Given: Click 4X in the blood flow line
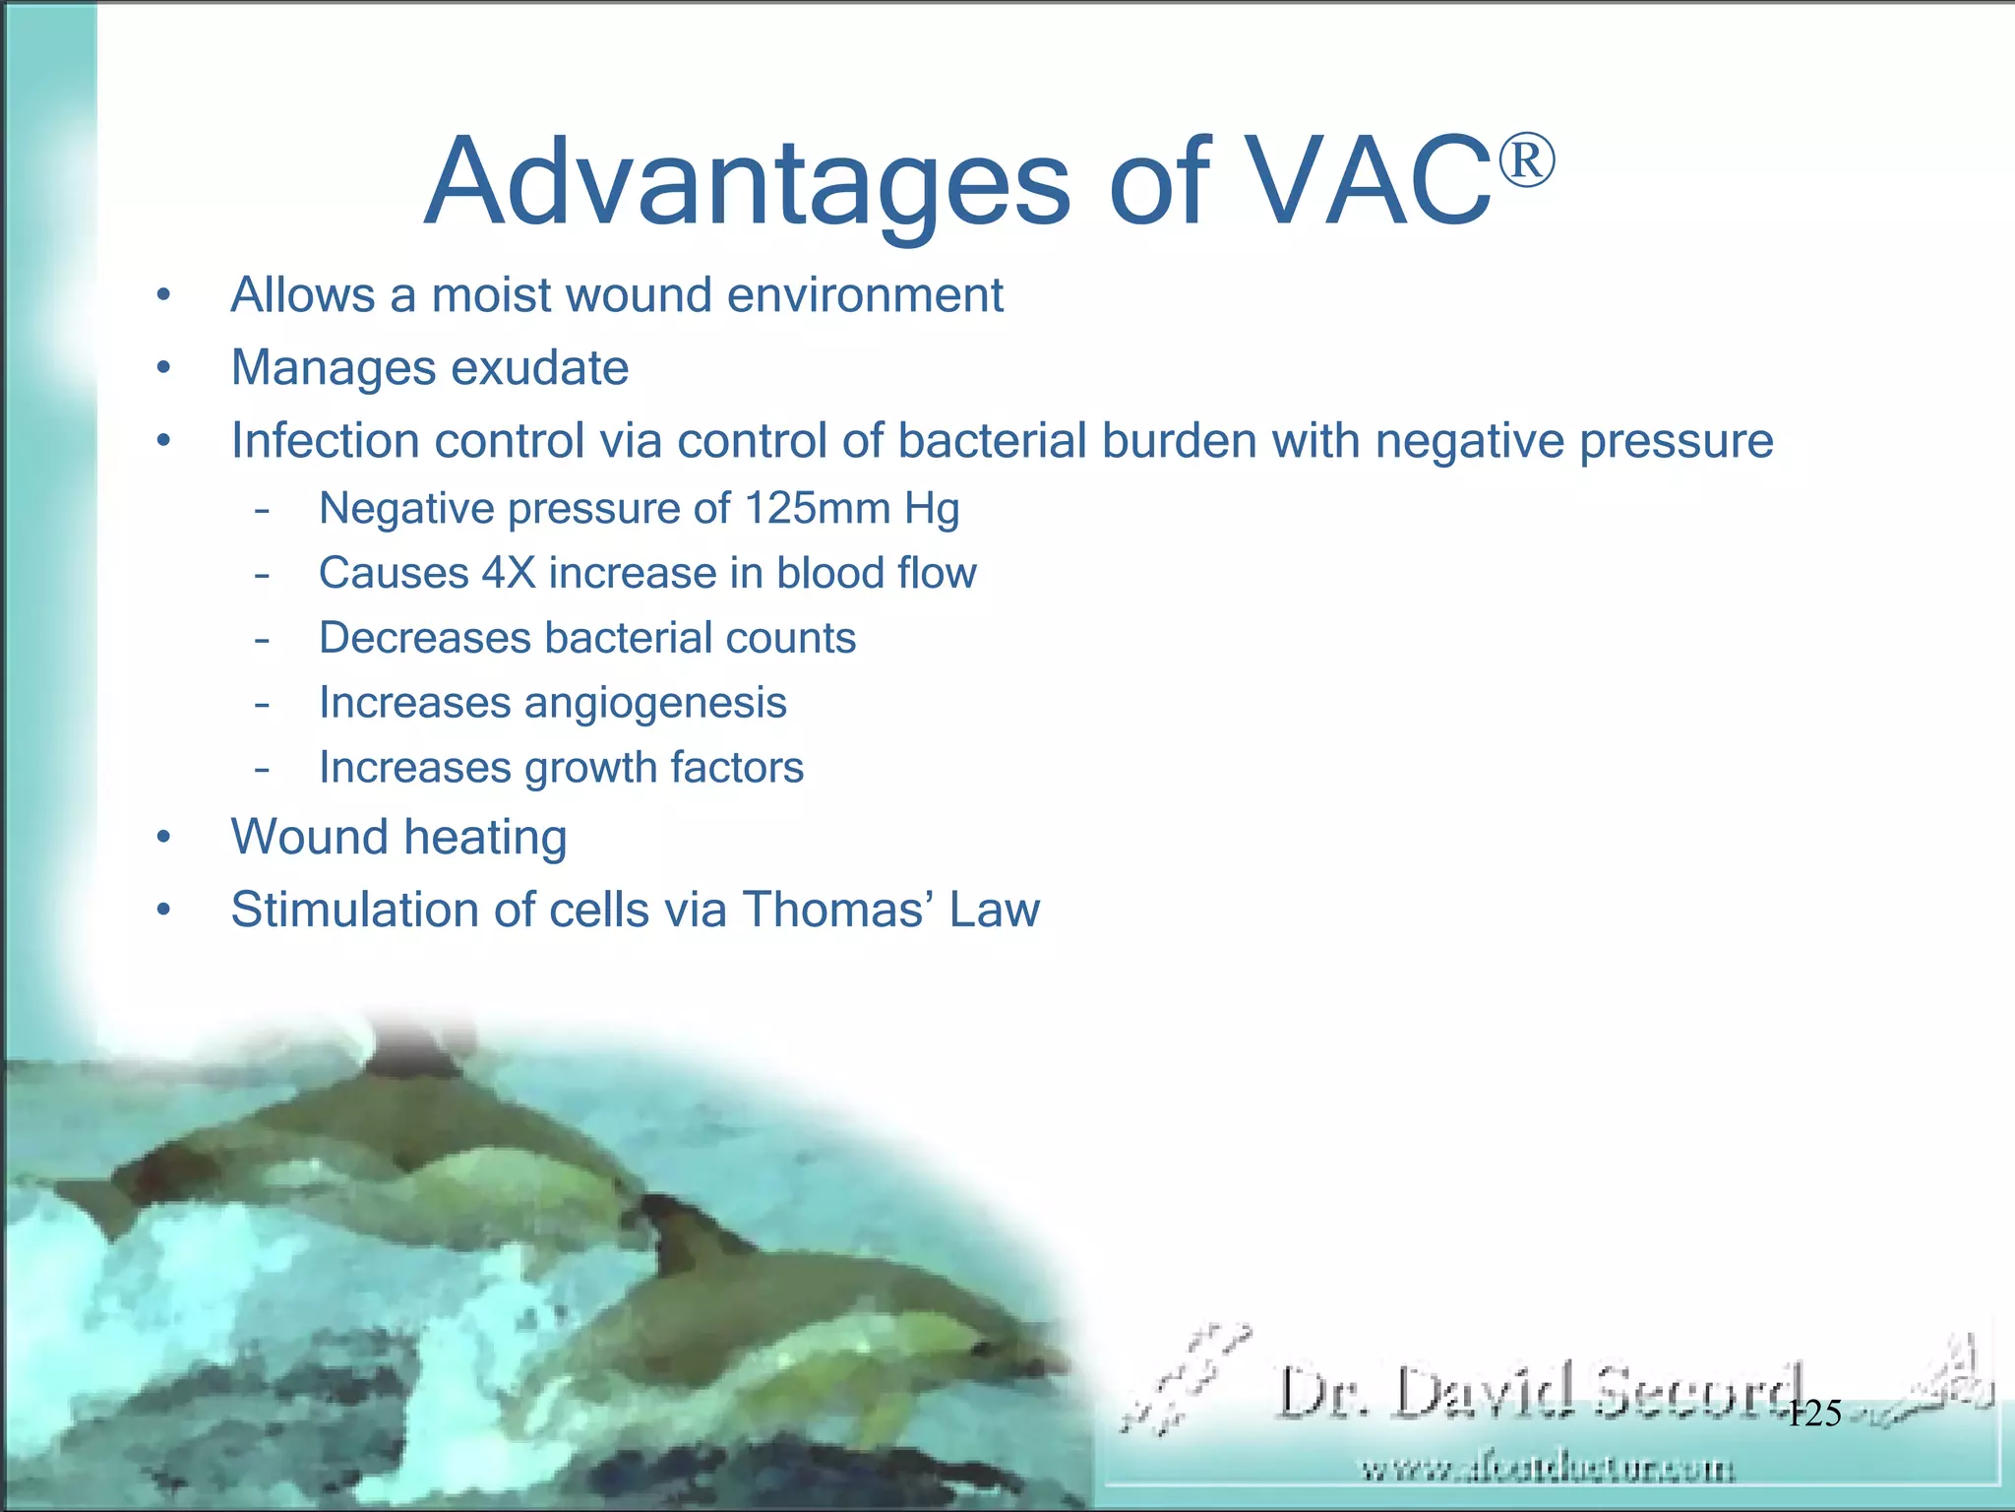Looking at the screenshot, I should point(509,574).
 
